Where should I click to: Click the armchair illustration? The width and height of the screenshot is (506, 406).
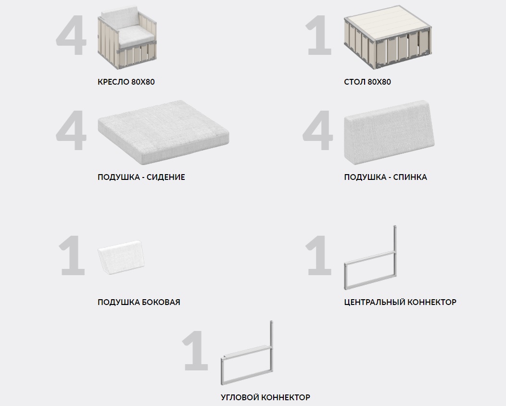(x=127, y=38)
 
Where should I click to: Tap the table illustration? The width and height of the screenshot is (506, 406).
(x=388, y=37)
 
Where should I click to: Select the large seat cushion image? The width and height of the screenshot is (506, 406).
(x=163, y=132)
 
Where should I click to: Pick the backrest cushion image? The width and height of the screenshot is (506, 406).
(x=389, y=132)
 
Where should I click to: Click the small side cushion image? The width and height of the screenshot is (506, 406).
(x=121, y=257)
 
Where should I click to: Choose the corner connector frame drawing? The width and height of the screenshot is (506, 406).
(x=247, y=353)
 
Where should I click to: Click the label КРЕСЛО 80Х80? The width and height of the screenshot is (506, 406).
(x=126, y=82)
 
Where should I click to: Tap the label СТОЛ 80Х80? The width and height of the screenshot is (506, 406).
(x=367, y=82)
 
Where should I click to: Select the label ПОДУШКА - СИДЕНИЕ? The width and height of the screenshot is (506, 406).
(x=141, y=177)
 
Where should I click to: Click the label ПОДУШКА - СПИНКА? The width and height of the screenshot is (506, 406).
(x=385, y=177)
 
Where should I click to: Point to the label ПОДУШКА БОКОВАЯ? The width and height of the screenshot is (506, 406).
(x=139, y=303)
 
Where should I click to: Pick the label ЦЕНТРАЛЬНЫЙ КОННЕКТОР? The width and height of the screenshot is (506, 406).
(x=400, y=303)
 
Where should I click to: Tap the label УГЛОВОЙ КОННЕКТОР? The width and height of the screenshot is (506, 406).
(x=265, y=397)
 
